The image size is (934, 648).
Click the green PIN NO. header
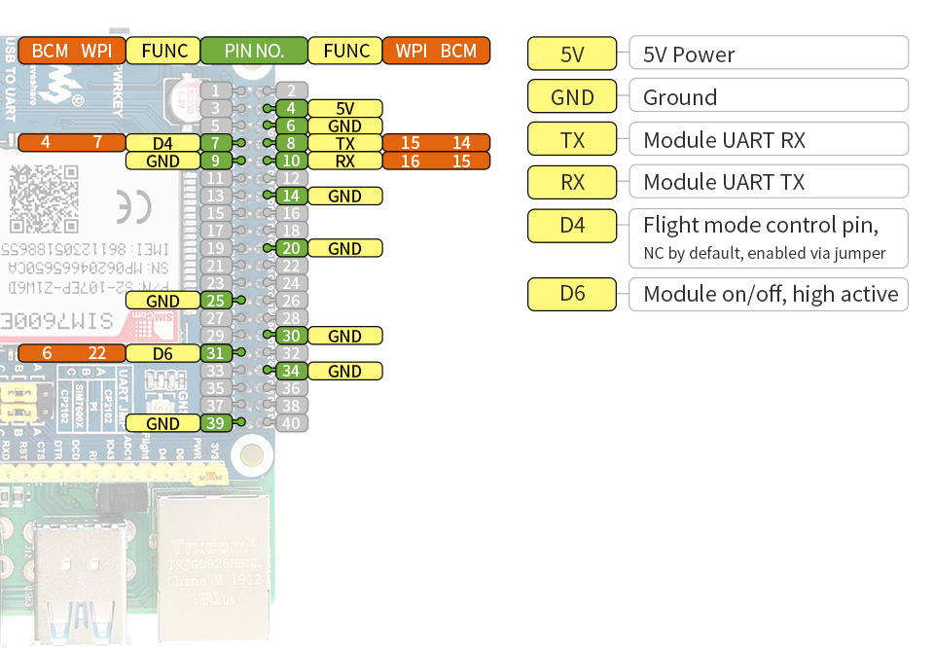(x=254, y=51)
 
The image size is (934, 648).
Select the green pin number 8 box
(x=291, y=143)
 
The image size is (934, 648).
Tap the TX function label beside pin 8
(x=344, y=143)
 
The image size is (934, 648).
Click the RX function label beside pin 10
(x=344, y=161)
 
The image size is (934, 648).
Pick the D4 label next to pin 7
(x=162, y=143)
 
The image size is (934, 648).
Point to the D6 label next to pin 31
(x=162, y=353)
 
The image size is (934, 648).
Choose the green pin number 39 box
(x=216, y=423)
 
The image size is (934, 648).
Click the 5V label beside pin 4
(x=344, y=108)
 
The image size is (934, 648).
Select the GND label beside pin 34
(x=344, y=371)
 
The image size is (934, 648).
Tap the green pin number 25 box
(x=216, y=301)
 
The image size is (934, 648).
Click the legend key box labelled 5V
(x=572, y=54)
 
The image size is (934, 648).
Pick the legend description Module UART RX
(x=769, y=140)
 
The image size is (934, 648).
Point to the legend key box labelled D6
(x=572, y=293)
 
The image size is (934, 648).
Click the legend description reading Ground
(x=769, y=97)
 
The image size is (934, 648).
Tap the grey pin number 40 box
(x=291, y=423)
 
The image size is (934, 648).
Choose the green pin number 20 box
(x=291, y=248)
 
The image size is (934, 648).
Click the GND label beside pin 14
(x=344, y=196)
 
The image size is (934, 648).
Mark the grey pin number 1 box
(x=216, y=90)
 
